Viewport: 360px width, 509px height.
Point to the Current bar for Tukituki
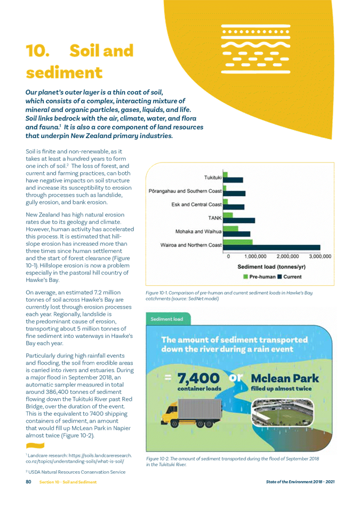235,180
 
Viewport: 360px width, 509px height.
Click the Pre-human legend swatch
246,277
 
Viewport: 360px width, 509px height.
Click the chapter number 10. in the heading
37,51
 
